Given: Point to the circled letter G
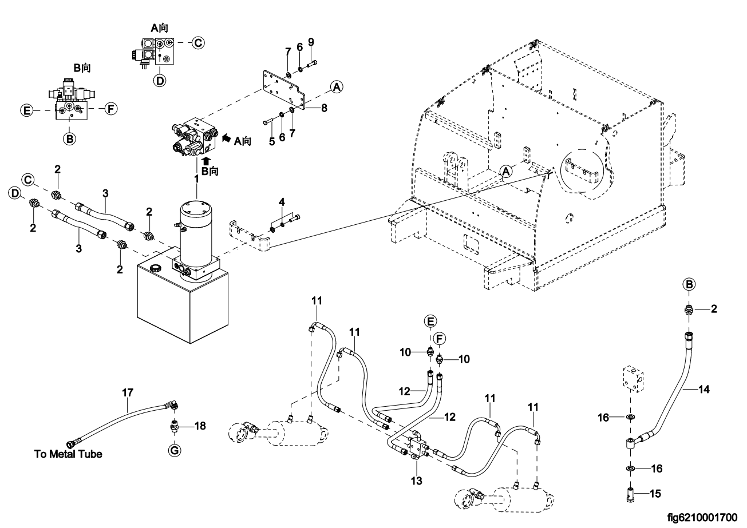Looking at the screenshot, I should (x=175, y=451).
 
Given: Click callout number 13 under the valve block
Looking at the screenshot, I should (x=416, y=481).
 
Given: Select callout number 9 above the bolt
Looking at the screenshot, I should (x=311, y=42).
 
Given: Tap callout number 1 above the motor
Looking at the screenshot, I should (x=196, y=178).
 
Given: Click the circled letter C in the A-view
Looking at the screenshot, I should (x=197, y=42).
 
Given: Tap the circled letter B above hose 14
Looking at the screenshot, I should (x=690, y=284).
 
